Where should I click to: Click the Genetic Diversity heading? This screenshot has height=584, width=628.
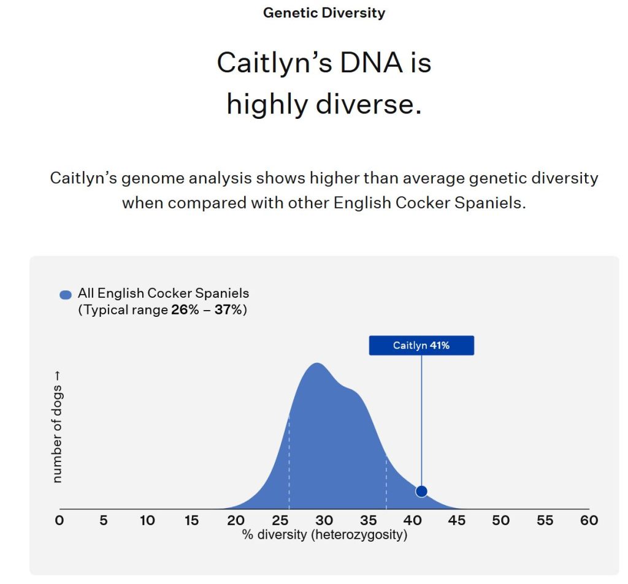[x=324, y=13]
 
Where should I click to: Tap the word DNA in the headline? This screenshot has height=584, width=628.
[x=371, y=63]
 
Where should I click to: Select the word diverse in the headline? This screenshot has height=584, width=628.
[x=369, y=104]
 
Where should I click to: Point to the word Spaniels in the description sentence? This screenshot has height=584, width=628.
[x=490, y=203]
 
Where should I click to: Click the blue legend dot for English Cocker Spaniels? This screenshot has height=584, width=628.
[x=66, y=295]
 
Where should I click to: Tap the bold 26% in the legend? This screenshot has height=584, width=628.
[x=185, y=310]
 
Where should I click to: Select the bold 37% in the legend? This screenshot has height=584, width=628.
[x=228, y=310]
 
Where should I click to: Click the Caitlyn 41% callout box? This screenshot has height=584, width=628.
[x=421, y=346]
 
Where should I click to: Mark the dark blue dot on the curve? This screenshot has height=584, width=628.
[x=421, y=491]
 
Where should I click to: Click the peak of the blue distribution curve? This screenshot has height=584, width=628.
[x=317, y=363]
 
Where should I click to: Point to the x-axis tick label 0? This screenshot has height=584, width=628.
[x=59, y=520]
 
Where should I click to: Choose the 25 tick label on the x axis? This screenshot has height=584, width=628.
[x=280, y=520]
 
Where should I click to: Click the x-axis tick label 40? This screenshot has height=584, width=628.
[x=413, y=520]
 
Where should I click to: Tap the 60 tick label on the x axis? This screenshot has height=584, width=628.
[x=589, y=520]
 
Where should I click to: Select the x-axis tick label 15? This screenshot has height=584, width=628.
[x=191, y=520]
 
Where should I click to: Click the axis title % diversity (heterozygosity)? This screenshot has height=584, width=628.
[x=325, y=535]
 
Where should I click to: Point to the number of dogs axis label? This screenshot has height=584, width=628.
[x=57, y=427]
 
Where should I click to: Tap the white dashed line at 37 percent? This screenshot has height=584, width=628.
[x=386, y=482]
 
